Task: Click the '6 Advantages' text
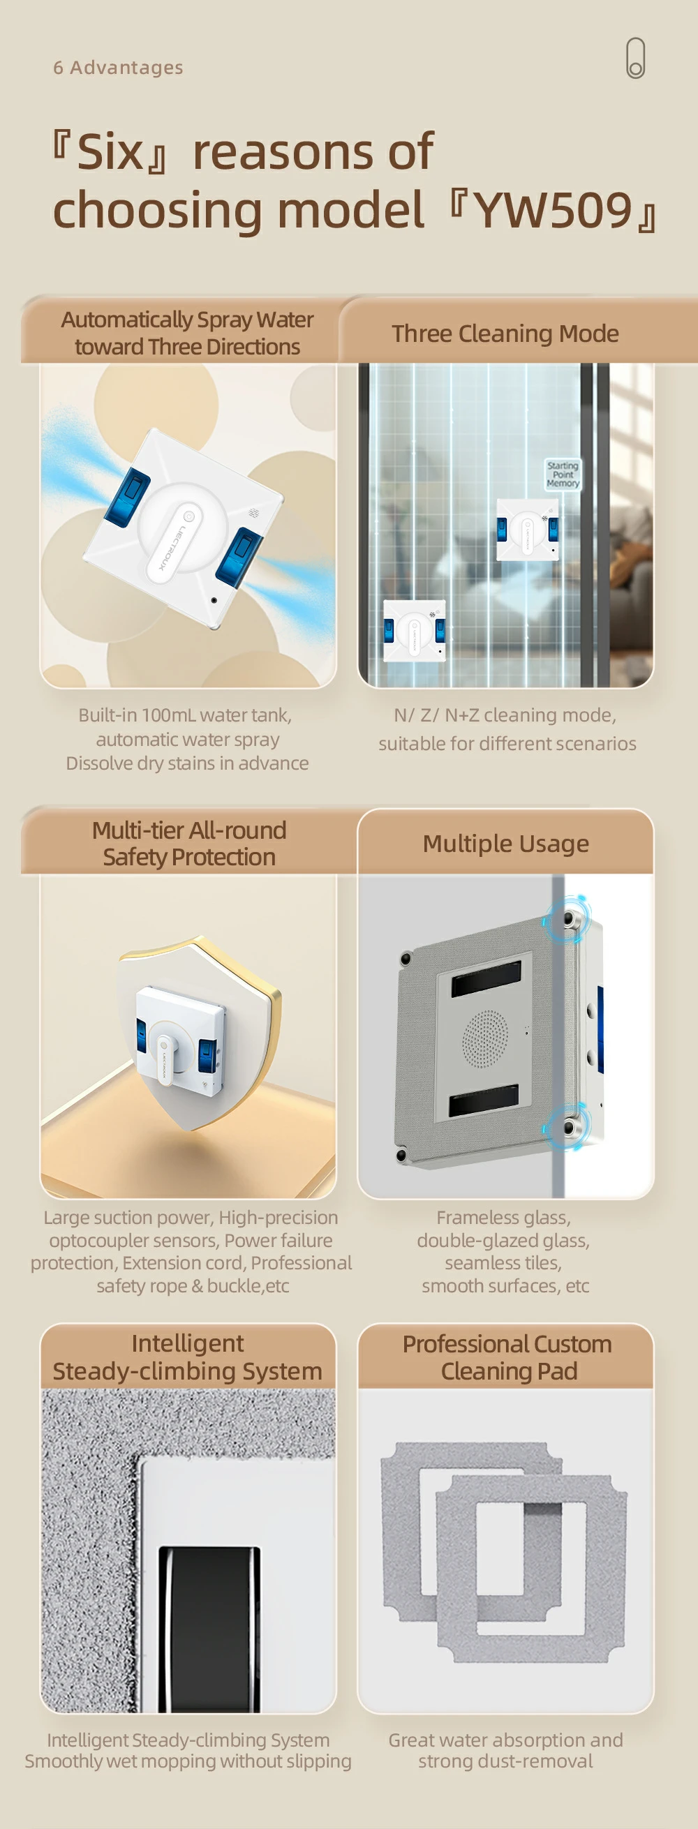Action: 118,68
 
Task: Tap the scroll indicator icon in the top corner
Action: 635,58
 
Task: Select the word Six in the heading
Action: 110,152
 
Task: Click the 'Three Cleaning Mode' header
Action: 505,334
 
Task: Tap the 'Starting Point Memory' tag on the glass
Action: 563,475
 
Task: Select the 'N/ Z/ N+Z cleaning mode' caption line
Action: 505,715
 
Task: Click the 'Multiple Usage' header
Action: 505,844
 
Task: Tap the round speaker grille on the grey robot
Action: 486,1038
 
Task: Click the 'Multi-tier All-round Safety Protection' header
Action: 189,844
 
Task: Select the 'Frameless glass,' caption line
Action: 503,1218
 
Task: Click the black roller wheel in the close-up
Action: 209,1629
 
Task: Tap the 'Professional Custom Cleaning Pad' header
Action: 507,1357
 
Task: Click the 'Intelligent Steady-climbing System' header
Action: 188,1357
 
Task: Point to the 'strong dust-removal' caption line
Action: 505,1761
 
